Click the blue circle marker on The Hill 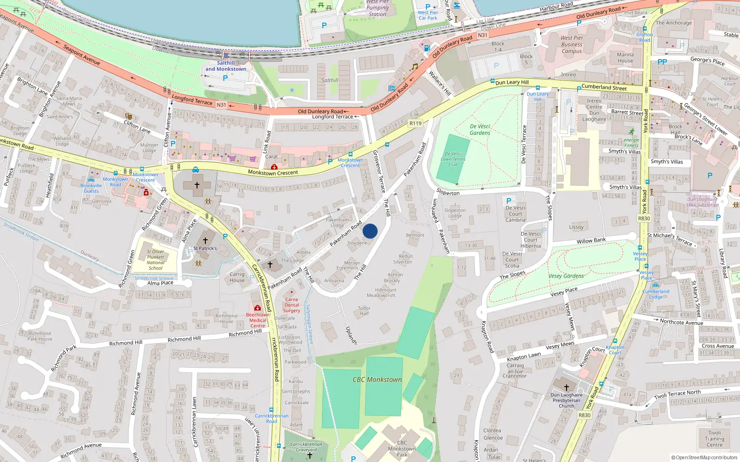pos(370,231)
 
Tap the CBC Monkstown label pos(377,380)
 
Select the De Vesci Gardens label pos(480,129)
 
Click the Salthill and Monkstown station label pos(226,66)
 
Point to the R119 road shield pos(415,123)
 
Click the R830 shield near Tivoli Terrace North pos(584,415)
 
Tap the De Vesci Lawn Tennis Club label pos(453,159)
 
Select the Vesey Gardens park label pos(566,276)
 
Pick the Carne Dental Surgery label pos(291,305)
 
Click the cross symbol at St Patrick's pos(205,241)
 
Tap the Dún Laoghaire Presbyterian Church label pos(566,400)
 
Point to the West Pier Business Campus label pos(572,44)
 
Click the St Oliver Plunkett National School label pos(155,260)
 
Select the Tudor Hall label pos(364,310)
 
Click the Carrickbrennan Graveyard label pos(306,447)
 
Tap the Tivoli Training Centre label pos(714,439)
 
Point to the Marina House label pos(625,57)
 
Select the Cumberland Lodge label pos(655,294)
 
